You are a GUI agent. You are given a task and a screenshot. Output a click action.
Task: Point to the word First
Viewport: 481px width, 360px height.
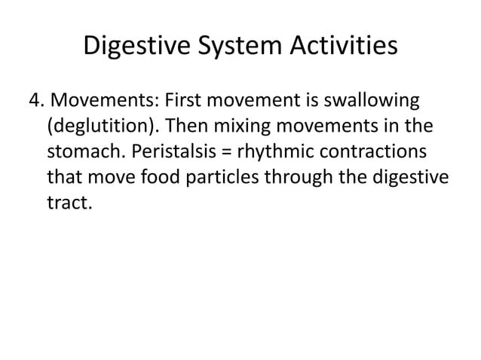(182, 100)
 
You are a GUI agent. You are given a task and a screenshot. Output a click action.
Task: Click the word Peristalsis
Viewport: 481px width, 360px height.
(173, 151)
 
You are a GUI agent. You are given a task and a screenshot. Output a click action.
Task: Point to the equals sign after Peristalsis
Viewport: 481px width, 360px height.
(225, 152)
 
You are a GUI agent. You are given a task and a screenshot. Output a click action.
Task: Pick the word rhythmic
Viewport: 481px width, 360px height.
(272, 151)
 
